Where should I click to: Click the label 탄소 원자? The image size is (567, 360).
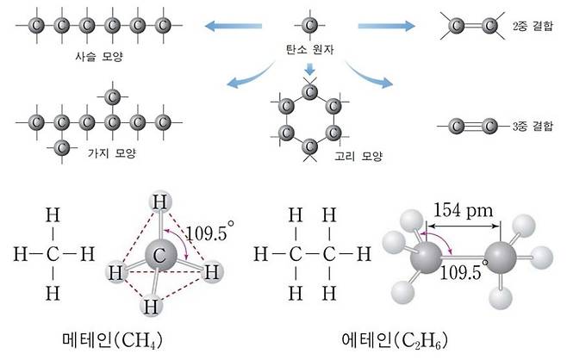(309, 49)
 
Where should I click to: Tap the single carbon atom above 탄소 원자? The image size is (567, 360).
(309, 25)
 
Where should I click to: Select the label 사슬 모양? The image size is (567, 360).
(99, 56)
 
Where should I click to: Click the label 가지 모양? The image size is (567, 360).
(112, 153)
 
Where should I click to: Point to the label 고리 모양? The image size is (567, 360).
(358, 156)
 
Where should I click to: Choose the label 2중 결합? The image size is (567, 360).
(533, 26)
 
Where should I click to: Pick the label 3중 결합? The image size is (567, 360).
(533, 126)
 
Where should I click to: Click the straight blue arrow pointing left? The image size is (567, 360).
(234, 26)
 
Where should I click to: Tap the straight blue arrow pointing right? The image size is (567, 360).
(387, 26)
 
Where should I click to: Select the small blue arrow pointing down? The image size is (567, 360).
(309, 69)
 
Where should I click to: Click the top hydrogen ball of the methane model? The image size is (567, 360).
(160, 202)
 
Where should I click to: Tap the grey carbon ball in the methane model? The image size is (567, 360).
(161, 255)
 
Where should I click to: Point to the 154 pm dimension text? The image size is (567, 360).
(464, 210)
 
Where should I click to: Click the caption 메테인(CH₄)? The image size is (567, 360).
(113, 340)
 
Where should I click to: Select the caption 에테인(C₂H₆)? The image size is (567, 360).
(395, 340)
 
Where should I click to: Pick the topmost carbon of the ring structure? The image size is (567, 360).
(309, 92)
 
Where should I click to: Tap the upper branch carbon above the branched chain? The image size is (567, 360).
(112, 96)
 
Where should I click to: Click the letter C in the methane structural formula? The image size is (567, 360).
(53, 254)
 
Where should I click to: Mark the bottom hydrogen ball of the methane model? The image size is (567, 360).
(151, 306)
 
